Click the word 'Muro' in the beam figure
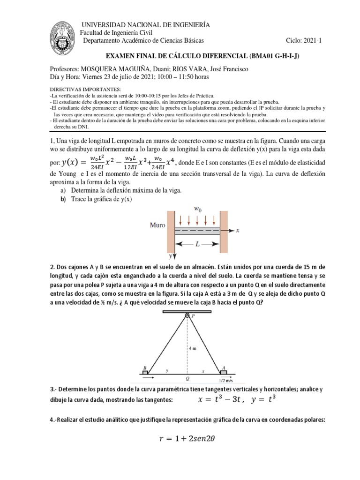(157, 225)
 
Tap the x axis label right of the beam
(238, 231)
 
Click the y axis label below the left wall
(169, 257)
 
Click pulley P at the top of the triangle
(187, 316)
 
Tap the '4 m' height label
(193, 349)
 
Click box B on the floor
(145, 372)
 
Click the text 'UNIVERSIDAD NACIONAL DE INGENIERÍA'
(146, 24)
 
